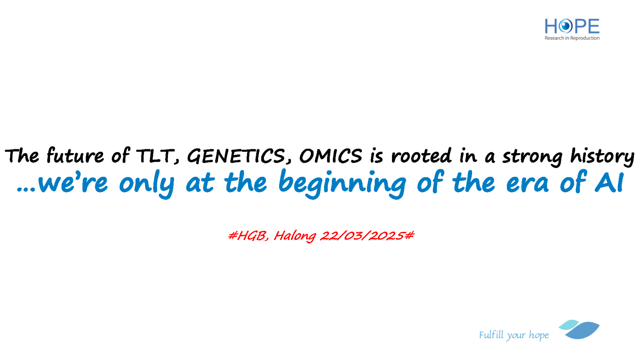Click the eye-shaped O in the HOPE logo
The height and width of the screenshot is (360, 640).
[x=566, y=26]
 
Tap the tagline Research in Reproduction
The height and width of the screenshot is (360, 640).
[x=572, y=38]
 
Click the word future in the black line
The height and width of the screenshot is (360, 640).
[x=75, y=156]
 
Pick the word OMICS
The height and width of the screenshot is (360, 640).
[x=330, y=156]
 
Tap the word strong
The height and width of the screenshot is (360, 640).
[x=532, y=157]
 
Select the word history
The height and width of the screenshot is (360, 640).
[x=602, y=157]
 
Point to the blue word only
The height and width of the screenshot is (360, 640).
[x=146, y=183]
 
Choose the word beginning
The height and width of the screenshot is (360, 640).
[x=342, y=183]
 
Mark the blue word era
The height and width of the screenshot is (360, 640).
[x=528, y=184]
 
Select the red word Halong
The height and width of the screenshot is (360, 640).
[x=295, y=236]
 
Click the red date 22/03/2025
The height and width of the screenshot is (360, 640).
[x=362, y=236]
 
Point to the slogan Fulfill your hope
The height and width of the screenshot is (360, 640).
[x=514, y=335]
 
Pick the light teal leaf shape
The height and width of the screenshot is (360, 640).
[x=568, y=324]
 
